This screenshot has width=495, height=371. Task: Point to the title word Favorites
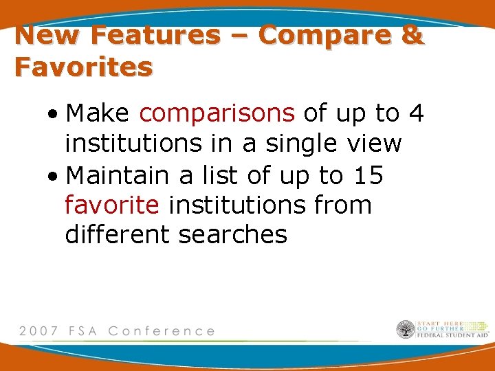[x=83, y=67]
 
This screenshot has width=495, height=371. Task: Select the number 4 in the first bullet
[x=416, y=113]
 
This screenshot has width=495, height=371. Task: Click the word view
[x=375, y=144]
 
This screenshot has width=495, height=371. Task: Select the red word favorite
[x=112, y=205]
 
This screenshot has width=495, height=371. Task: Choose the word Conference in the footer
[x=162, y=330]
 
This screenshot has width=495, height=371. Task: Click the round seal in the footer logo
[x=405, y=330]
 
